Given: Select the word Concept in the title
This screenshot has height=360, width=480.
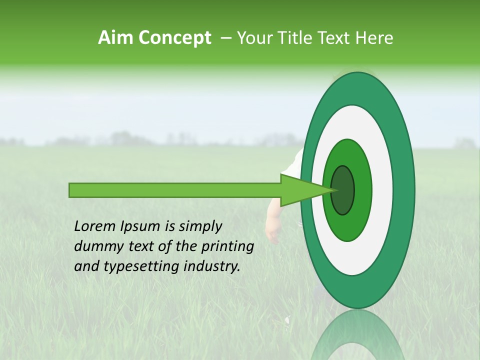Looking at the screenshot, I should pos(174,38).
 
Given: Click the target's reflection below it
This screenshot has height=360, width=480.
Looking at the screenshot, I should pos(357,337).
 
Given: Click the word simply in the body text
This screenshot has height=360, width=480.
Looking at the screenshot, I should pos(199,227).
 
